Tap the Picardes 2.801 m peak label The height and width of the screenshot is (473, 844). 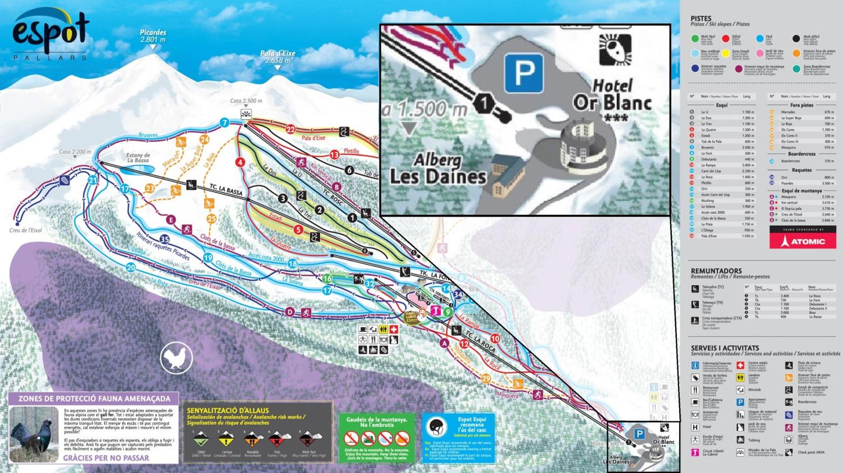click(153, 36)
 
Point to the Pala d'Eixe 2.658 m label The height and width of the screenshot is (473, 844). click(278, 57)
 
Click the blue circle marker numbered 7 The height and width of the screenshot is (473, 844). click(225, 123)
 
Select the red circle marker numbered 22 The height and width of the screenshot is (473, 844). click(291, 129)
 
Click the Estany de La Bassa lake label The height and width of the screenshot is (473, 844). click(138, 158)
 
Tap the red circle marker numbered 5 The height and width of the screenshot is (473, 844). click(298, 229)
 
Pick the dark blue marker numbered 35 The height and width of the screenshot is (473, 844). click(164, 239)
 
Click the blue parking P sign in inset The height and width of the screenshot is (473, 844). click(524, 73)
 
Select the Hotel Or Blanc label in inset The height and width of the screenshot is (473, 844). click(612, 96)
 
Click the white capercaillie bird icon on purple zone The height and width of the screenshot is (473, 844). click(176, 358)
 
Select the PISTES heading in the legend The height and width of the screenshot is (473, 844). click(701, 18)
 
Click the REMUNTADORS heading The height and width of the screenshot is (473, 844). click(716, 271)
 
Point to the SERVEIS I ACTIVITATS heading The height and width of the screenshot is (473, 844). click(725, 348)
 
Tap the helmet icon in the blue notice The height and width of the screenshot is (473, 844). click(437, 426)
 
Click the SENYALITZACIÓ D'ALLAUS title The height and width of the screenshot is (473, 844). click(228, 411)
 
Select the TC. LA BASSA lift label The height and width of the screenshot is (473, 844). click(226, 190)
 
